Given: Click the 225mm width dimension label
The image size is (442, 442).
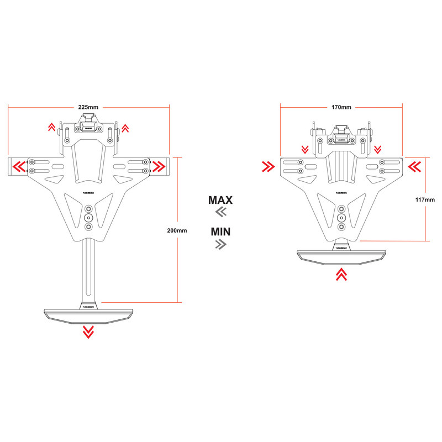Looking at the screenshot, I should point(88,106).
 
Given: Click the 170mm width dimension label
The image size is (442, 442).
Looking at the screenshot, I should point(341,106).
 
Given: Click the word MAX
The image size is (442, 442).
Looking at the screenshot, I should point(220,199).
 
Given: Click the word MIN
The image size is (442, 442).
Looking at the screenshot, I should point(220,231).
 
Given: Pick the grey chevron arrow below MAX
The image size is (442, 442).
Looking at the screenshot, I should point(220,213).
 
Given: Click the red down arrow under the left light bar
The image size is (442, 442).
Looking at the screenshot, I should point(88,331).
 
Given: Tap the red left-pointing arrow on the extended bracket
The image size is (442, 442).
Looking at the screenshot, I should point(19,165).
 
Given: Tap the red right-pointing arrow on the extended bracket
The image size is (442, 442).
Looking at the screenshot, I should point(159,165).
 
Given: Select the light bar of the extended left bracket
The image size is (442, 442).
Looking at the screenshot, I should point(88,314).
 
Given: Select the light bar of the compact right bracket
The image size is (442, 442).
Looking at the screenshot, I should point(341,255).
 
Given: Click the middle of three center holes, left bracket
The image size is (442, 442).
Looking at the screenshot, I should point(88,218).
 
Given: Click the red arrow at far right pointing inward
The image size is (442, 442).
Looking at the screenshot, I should point(414,165).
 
